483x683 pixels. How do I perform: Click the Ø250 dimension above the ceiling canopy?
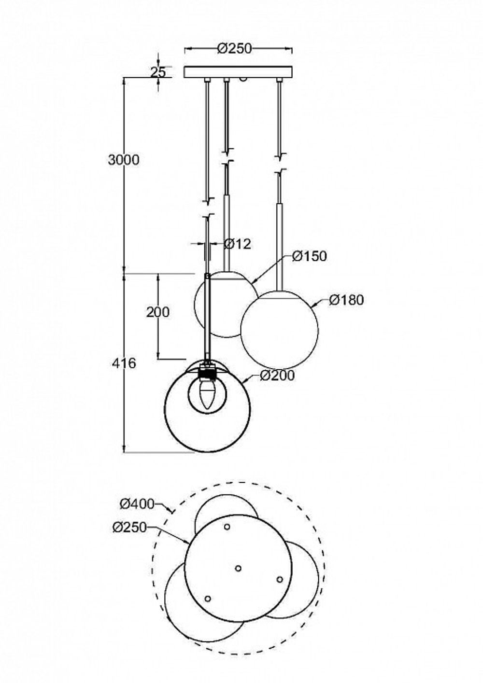[x=234, y=48]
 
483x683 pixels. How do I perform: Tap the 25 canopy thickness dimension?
[x=158, y=72]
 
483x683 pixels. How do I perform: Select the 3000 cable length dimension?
[x=124, y=160]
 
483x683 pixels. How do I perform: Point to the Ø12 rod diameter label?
[x=238, y=244]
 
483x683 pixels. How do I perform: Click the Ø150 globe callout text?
[x=310, y=256]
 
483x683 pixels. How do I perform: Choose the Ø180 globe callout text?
[x=346, y=300]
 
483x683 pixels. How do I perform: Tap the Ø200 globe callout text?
[x=277, y=376]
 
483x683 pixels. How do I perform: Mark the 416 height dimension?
[x=124, y=363]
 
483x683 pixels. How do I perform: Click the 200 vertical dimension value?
[x=158, y=312]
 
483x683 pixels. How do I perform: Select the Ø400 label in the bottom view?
[x=137, y=504]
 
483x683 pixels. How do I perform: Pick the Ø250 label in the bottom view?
[x=129, y=528]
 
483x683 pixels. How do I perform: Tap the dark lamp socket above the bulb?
[x=207, y=373]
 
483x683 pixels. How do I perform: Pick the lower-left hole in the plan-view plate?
[x=208, y=599]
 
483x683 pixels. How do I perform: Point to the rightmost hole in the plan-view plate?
[x=279, y=579]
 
